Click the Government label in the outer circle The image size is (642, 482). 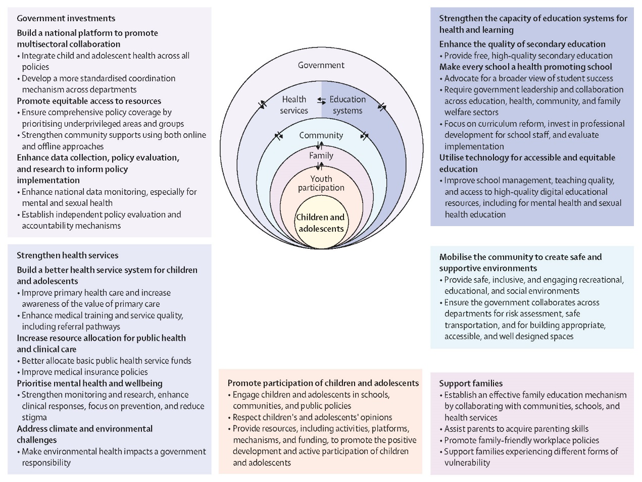pyautogui.click(x=321, y=65)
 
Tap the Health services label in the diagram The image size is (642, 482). pyautogui.click(x=293, y=105)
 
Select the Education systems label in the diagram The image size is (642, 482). pyautogui.click(x=348, y=105)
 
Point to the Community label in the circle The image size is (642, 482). pyautogui.click(x=321, y=135)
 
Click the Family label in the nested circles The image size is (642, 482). pyautogui.click(x=321, y=155)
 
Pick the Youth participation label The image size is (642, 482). pyautogui.click(x=321, y=183)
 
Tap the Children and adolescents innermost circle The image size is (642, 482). pyautogui.click(x=321, y=223)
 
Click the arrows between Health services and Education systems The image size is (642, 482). pyautogui.click(x=321, y=101)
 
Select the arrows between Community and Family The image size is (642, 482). pyautogui.click(x=320, y=145)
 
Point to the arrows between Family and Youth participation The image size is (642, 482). pyautogui.click(x=320, y=166)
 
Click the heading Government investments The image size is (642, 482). pyautogui.click(x=66, y=18)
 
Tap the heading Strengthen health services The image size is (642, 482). pyautogui.click(x=68, y=255)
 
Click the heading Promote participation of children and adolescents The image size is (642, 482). pyautogui.click(x=323, y=383)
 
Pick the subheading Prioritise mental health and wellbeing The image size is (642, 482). pyautogui.click(x=89, y=383)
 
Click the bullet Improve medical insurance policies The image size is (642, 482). pyautogui.click(x=82, y=372)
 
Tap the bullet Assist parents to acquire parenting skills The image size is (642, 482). pyautogui.click(x=514, y=429)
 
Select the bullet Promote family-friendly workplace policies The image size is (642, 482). pyautogui.click(x=519, y=440)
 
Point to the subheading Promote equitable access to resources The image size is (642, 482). pyautogui.click(x=89, y=101)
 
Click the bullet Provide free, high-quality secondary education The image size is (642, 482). pyautogui.click(x=526, y=56)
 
